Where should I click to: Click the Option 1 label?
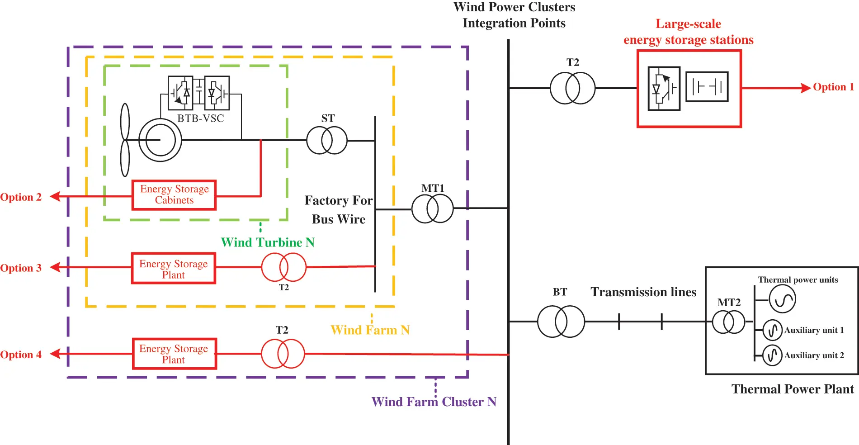click(x=833, y=87)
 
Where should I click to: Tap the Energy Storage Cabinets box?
click(x=174, y=195)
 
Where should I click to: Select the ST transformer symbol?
click(x=327, y=140)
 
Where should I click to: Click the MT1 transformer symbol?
click(x=432, y=208)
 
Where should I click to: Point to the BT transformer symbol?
click(x=561, y=322)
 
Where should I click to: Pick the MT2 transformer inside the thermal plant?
click(x=728, y=322)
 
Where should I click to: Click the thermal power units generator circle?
click(x=782, y=299)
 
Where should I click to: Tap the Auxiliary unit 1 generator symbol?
click(x=772, y=330)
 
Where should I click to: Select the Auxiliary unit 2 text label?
click(x=814, y=355)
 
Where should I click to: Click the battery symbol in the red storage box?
click(x=707, y=86)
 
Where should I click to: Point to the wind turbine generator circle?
click(x=160, y=140)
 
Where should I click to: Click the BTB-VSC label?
click(x=200, y=118)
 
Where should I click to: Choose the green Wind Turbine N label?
click(x=268, y=242)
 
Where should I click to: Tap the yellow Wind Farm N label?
click(x=370, y=330)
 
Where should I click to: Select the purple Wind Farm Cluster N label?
click(x=434, y=402)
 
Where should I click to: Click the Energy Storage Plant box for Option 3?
click(x=174, y=269)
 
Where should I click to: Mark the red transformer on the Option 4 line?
click(x=283, y=354)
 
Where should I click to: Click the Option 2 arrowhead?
click(x=55, y=196)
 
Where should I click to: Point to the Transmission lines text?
click(x=643, y=292)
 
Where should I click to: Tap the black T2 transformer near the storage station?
click(x=572, y=88)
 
